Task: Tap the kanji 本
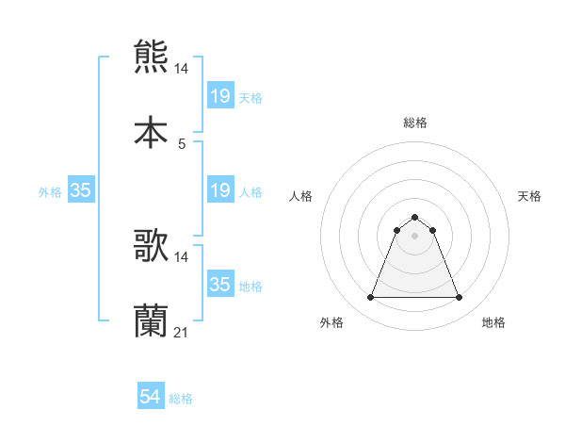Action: (x=151, y=132)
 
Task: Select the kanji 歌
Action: (x=151, y=246)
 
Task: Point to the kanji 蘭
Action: (x=151, y=321)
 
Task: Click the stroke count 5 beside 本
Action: (x=182, y=143)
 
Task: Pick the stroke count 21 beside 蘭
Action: (x=182, y=333)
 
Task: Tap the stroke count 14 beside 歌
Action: (x=182, y=256)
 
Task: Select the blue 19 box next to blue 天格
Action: (x=219, y=95)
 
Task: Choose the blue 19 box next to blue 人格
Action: (x=219, y=190)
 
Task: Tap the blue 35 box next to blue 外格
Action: (x=80, y=190)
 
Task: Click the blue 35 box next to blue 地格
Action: (x=219, y=285)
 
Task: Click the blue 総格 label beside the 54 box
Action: (x=181, y=399)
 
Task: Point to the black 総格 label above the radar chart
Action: (x=414, y=123)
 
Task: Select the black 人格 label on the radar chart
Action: (x=302, y=196)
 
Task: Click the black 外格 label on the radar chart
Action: (x=331, y=323)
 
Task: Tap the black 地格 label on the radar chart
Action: (x=493, y=323)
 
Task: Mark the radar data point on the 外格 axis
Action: (x=370, y=298)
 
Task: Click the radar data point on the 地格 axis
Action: (x=460, y=298)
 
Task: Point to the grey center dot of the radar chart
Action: (x=414, y=236)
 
